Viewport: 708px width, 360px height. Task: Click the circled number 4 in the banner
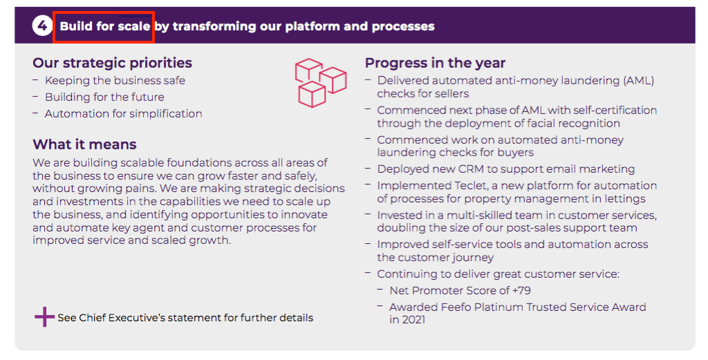click(42, 26)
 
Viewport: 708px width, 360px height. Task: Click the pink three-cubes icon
click(321, 82)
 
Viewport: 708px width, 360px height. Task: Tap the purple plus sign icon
click(44, 317)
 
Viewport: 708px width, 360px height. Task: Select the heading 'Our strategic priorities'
click(113, 63)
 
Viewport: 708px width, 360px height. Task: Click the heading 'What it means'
click(84, 144)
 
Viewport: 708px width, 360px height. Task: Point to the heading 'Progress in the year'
click(436, 63)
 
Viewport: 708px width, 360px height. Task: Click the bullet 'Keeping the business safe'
click(115, 80)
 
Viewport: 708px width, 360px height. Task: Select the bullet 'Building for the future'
click(104, 97)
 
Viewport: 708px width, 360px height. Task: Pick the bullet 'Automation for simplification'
click(123, 114)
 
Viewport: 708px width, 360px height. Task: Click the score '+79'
click(521, 290)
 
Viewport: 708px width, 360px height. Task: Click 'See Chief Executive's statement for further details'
click(185, 318)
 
